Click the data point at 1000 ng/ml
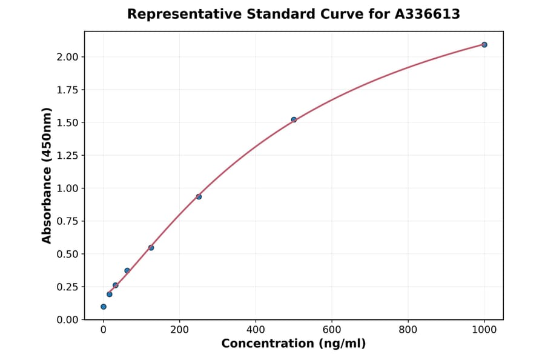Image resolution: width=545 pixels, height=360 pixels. pos(484,45)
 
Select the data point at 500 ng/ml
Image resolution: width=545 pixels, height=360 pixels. pos(294,120)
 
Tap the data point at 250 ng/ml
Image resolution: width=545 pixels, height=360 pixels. pos(199,196)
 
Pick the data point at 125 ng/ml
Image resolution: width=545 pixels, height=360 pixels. pos(151,247)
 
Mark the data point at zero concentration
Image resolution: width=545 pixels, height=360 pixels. pos(104,307)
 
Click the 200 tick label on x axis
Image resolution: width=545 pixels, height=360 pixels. pos(179,330)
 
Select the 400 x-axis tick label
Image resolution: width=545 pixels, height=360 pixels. pos(256,330)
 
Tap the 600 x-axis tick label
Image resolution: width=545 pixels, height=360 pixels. pos(332,330)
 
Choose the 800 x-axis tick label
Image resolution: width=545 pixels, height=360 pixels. pos(408,330)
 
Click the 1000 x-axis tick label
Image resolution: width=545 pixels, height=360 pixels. pos(484,330)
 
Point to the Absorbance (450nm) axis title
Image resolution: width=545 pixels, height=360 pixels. pos(47,175)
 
